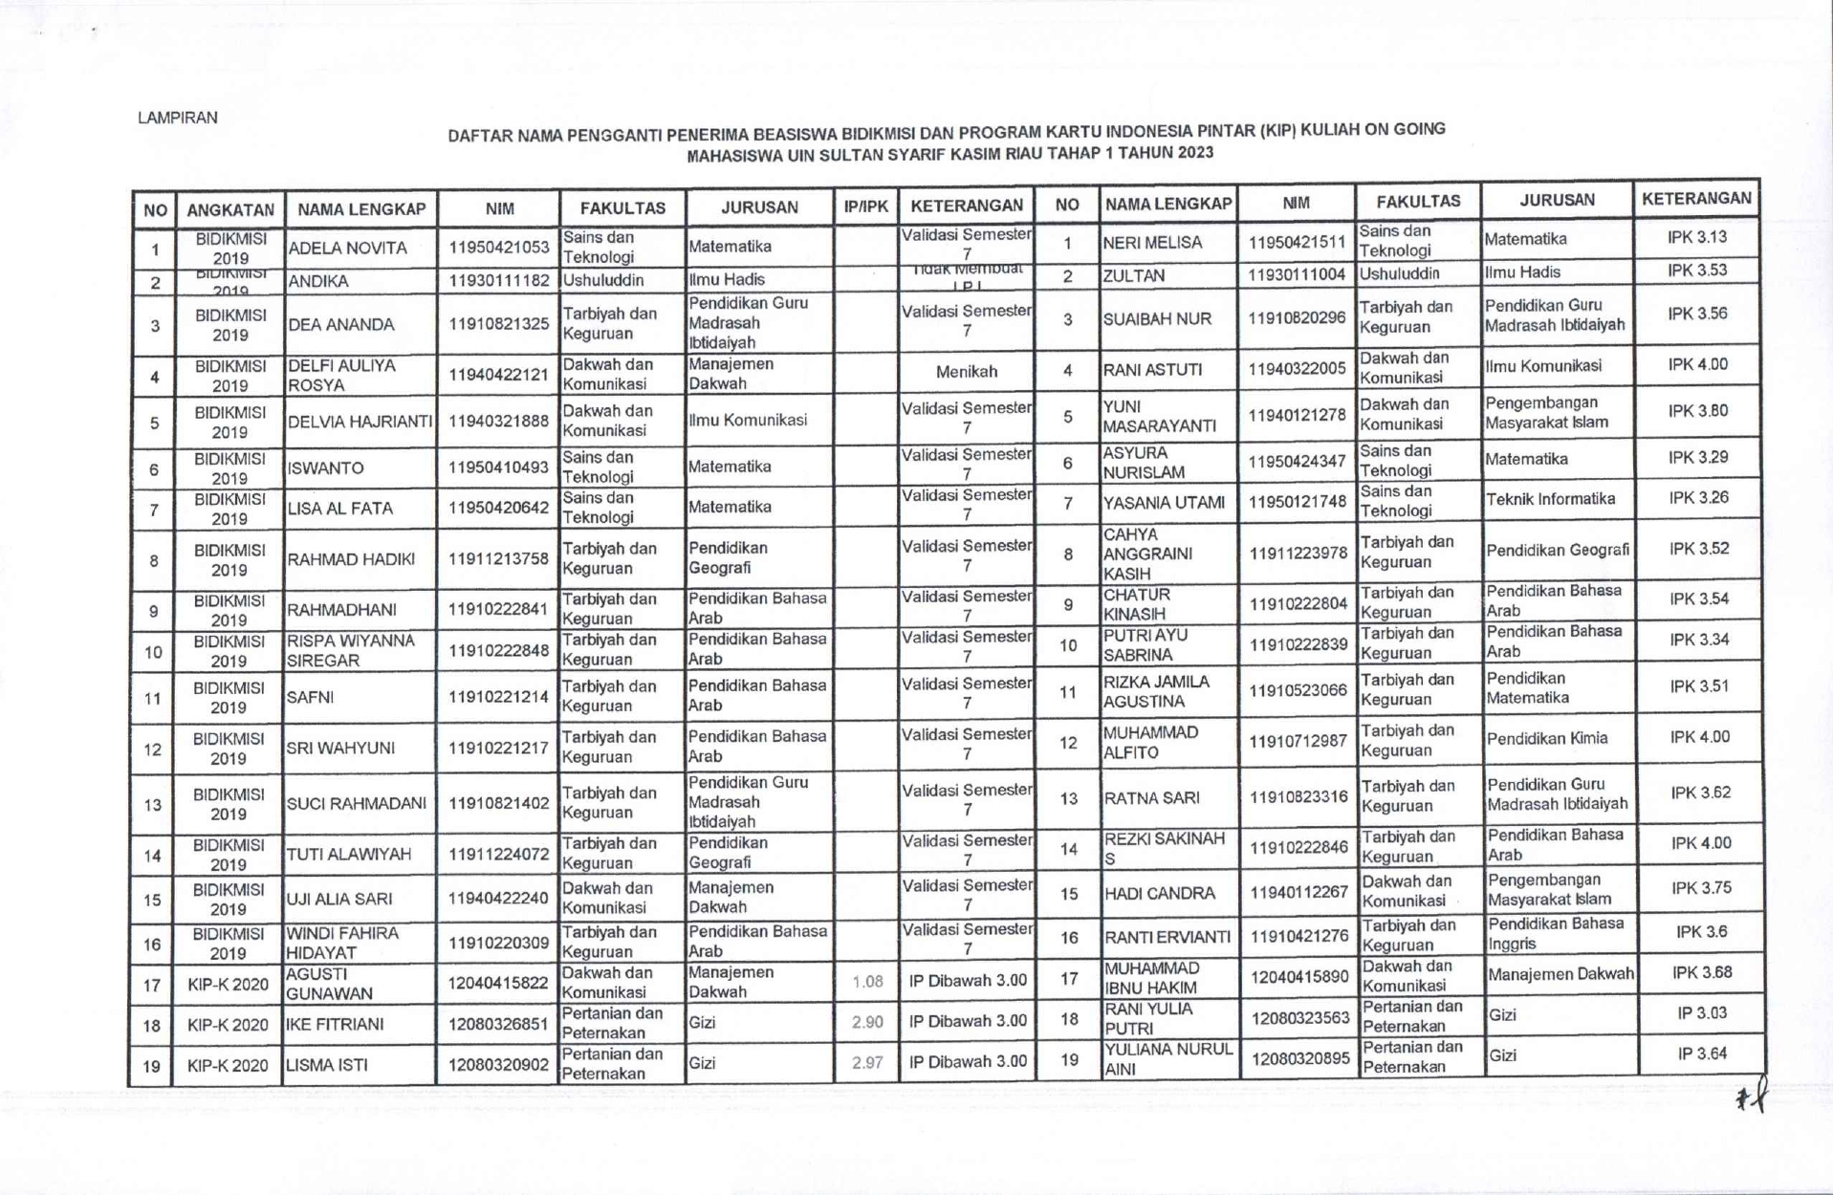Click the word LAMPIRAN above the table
[x=178, y=118]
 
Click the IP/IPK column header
[x=865, y=206]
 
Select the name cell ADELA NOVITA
[x=347, y=249]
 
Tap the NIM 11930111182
[x=499, y=281]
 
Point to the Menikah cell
[x=967, y=372]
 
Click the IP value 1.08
[x=867, y=982]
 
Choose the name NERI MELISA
[x=1151, y=243]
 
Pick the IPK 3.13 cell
[x=1697, y=237]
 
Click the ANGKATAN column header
[x=230, y=209]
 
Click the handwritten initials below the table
[x=1753, y=1097]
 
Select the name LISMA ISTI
[x=327, y=1065]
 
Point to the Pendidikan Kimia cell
[x=1547, y=739]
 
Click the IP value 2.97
[x=867, y=1063]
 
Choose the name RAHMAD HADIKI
[x=351, y=559]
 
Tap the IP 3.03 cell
[x=1701, y=1013]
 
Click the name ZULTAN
[x=1134, y=276]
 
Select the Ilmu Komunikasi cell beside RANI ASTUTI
[x=1543, y=366]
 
